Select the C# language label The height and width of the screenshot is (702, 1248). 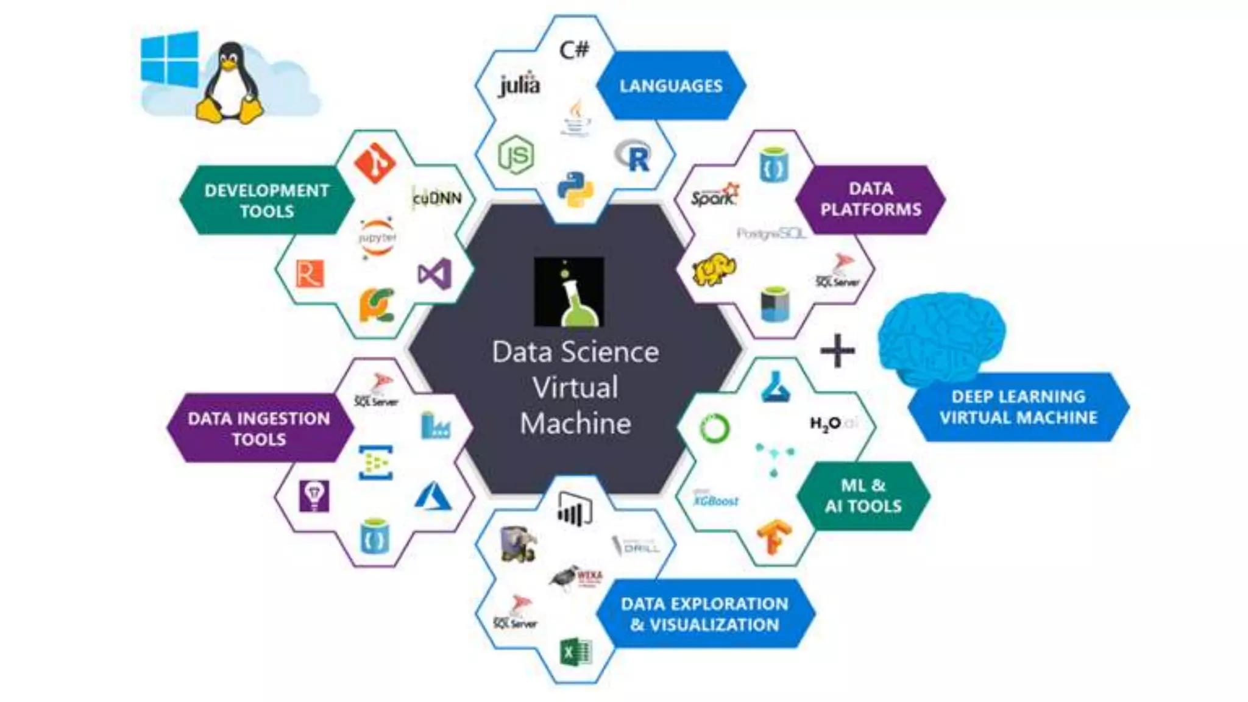(x=574, y=49)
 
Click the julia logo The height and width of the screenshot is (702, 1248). (x=519, y=84)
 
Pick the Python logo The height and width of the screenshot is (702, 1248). (x=575, y=189)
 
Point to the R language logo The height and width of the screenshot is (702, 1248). (x=634, y=156)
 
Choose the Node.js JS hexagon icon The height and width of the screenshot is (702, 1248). (x=516, y=155)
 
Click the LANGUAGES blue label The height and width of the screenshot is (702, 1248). (x=671, y=85)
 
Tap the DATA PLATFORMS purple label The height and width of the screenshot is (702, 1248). (x=870, y=199)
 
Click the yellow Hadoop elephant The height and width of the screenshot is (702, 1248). (x=714, y=270)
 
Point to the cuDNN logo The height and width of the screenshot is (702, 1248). (x=437, y=198)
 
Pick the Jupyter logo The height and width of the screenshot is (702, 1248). (x=377, y=238)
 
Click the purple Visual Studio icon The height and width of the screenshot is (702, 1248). (x=435, y=274)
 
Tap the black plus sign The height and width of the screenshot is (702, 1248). (x=837, y=350)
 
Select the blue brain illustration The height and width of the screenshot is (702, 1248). (x=941, y=335)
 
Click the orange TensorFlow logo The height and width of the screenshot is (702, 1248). (x=774, y=536)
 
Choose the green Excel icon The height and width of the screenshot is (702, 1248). (x=575, y=653)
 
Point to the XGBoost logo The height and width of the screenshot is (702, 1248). (x=717, y=500)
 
